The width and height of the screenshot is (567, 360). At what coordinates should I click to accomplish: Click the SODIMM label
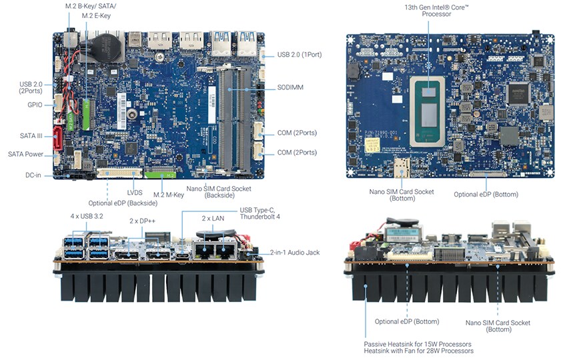(x=291, y=87)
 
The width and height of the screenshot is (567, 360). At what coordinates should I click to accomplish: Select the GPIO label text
(x=35, y=105)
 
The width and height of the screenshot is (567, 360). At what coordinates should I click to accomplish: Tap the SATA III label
(x=31, y=136)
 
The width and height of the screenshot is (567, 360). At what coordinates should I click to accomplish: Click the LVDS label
(x=135, y=193)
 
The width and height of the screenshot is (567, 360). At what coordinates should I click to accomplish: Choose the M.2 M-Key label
(x=169, y=195)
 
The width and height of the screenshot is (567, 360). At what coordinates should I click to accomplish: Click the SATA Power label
(x=25, y=154)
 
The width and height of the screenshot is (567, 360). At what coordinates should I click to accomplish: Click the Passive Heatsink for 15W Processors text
(x=419, y=343)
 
